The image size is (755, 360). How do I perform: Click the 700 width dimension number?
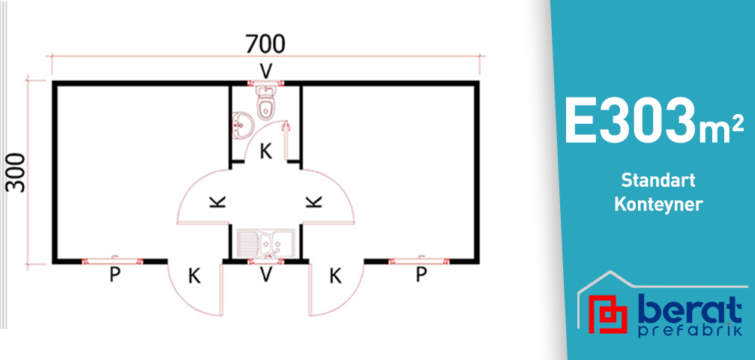(x=265, y=44)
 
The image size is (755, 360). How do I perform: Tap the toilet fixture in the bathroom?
(x=265, y=103)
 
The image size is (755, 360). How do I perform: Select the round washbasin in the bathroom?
(x=242, y=124)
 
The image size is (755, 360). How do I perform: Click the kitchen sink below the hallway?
(x=265, y=243)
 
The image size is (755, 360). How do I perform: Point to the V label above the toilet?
(x=265, y=70)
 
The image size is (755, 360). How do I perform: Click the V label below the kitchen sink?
(x=265, y=275)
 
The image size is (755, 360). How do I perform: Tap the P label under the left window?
(x=115, y=275)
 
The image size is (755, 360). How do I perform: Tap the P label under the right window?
(x=421, y=275)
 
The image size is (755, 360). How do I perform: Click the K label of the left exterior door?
(x=194, y=276)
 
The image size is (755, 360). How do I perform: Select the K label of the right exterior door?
(x=335, y=276)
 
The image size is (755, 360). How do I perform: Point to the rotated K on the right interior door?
(x=314, y=201)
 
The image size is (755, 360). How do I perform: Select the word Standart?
(x=658, y=181)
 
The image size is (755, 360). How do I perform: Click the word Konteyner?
(x=658, y=204)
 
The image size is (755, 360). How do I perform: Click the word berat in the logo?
(x=686, y=310)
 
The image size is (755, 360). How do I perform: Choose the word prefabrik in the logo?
(x=686, y=331)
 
